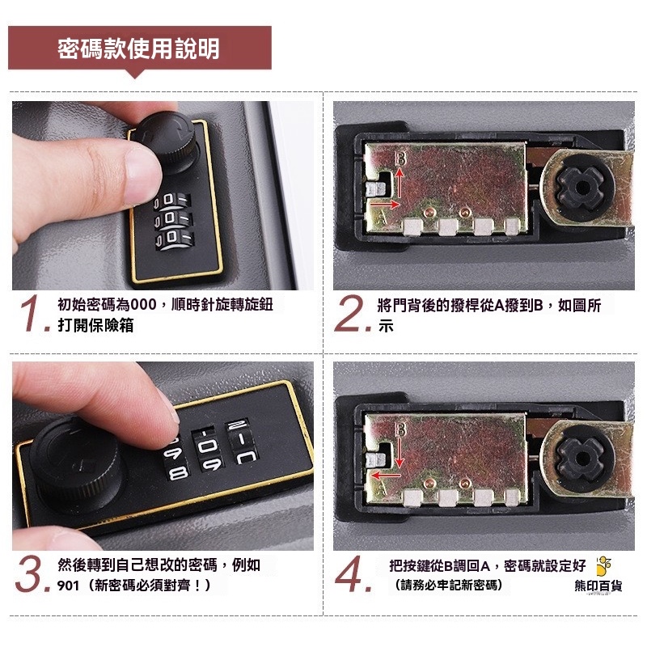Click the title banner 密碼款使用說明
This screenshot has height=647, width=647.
(139, 49)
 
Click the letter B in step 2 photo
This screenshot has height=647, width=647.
(400, 159)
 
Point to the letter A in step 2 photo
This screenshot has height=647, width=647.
(382, 218)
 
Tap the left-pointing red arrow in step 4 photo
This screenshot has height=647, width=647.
(386, 476)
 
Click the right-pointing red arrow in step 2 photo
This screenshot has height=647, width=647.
(385, 204)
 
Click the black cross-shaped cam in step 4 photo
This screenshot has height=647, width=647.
(581, 458)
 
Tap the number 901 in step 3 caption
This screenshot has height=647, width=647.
(68, 585)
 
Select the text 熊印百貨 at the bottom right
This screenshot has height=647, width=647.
(598, 585)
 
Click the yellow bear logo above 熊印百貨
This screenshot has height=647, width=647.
(603, 565)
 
